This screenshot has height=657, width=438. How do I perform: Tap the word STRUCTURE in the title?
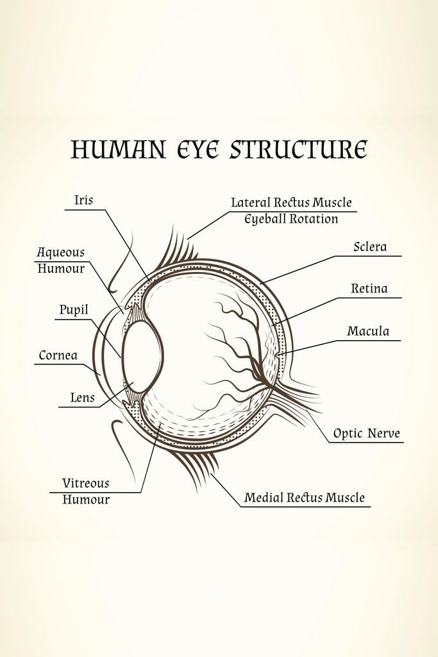tap(298, 149)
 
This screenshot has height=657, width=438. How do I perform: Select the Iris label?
tap(83, 200)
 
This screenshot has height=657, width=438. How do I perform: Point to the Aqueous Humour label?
tap(61, 260)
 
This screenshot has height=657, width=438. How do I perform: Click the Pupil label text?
tap(74, 311)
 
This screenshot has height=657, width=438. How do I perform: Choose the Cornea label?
tap(58, 355)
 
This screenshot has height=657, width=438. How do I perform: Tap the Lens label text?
tap(82, 398)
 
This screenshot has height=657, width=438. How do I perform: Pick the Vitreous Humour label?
tap(86, 491)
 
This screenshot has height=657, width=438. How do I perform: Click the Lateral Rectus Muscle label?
tap(291, 203)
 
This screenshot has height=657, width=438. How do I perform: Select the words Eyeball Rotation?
tap(291, 219)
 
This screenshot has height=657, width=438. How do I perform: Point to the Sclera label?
tap(370, 247)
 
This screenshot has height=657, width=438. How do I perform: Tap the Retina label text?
tap(369, 289)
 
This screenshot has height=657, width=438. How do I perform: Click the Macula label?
tap(368, 332)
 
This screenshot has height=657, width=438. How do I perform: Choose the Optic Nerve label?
tap(366, 434)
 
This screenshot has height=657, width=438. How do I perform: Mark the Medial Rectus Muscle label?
tap(304, 498)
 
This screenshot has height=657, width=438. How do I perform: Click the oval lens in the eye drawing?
tap(142, 356)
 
